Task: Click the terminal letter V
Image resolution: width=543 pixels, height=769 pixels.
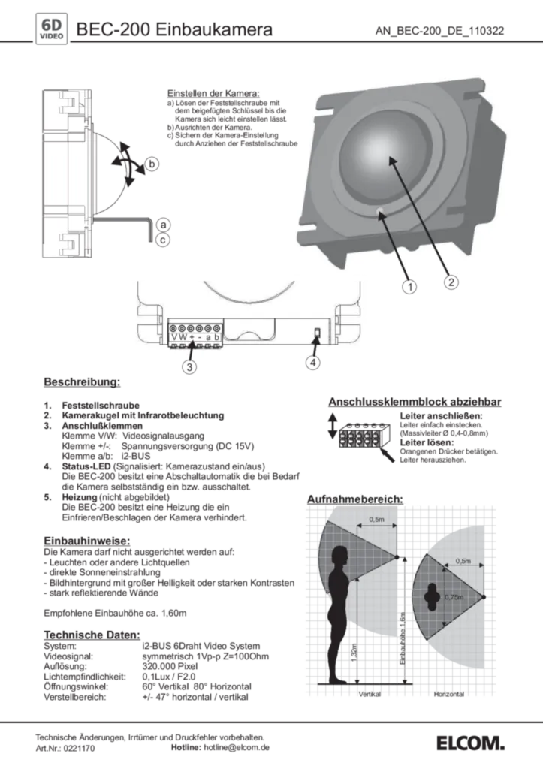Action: [173, 339]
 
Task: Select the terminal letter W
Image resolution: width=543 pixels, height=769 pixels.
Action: [182, 339]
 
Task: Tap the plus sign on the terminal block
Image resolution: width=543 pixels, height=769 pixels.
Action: [191, 339]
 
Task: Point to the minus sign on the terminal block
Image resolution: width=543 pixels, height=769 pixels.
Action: [199, 339]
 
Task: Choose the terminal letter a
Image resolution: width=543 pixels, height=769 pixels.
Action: [208, 339]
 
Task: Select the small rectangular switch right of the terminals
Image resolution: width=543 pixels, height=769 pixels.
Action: [317, 333]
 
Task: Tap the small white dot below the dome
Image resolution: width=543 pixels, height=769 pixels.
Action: [382, 212]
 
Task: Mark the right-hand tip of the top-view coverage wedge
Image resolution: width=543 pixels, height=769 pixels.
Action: [484, 597]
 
